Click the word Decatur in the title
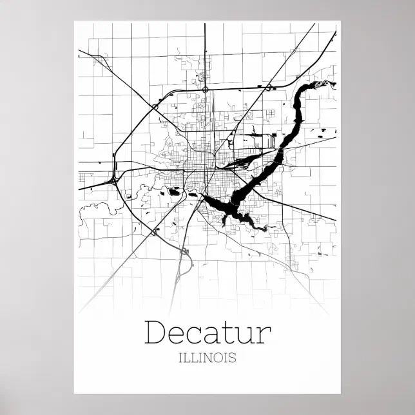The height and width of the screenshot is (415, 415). click(207, 333)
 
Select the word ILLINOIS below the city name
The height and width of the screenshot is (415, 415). click(207, 357)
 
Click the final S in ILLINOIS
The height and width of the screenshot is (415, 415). click(232, 357)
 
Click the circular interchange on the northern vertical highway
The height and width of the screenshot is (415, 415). click(205, 90)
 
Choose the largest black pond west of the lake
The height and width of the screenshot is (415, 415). click(173, 191)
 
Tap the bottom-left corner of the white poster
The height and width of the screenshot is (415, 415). click(74, 393)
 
